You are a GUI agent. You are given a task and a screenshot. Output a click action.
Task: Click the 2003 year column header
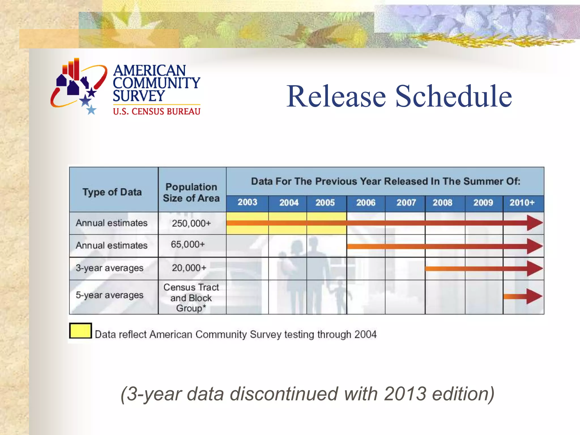[x=247, y=202]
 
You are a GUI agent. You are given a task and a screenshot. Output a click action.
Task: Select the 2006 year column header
[x=366, y=203]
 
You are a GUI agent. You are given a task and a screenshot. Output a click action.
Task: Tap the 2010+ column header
[x=522, y=203]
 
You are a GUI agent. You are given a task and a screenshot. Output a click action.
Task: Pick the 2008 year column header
[x=442, y=203]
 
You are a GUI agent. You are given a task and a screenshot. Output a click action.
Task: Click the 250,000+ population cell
[x=191, y=223]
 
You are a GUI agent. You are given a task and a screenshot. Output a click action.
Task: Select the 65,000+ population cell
[x=188, y=244]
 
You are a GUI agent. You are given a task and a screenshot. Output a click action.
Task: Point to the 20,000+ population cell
[x=189, y=268]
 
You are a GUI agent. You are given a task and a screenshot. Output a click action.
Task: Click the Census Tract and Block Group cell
[x=191, y=298]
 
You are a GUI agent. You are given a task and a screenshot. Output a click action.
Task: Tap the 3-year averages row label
[x=110, y=268]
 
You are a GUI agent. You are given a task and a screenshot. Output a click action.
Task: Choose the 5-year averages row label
[x=110, y=295]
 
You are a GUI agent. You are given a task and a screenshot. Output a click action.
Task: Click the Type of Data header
[x=112, y=192]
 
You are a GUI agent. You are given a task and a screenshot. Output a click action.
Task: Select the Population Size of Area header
[x=191, y=193]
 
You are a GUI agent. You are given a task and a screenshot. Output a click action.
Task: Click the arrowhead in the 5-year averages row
[x=534, y=297]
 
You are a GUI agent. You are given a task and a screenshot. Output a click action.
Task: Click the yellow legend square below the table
[x=80, y=331]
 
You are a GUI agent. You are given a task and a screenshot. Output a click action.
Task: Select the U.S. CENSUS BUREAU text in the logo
[x=157, y=112]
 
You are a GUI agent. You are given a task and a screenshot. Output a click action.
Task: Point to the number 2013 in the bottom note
[x=405, y=394]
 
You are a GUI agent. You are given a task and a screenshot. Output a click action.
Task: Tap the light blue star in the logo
[x=91, y=110]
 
